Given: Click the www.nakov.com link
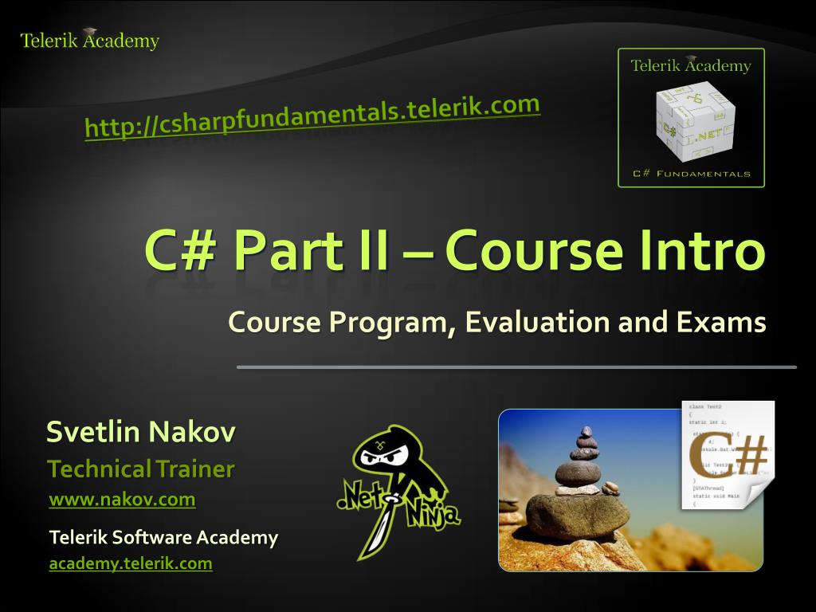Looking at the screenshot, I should (122, 500).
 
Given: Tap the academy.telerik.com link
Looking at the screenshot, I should (131, 563).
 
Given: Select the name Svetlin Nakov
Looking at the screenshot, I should (141, 433).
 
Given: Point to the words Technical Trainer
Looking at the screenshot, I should (141, 469).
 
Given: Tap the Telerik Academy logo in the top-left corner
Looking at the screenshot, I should (89, 40).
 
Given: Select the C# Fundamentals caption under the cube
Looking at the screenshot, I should (691, 174).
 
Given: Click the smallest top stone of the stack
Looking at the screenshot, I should (586, 433).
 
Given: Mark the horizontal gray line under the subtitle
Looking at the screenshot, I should (516, 367).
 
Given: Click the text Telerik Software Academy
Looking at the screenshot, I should (163, 537).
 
